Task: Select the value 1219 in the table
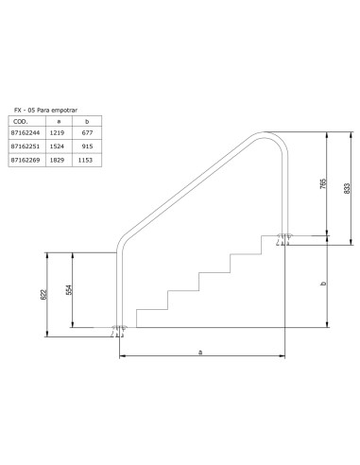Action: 61,134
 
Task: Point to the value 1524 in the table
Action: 61,147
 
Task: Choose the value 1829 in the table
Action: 61,161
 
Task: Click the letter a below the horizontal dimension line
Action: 199,353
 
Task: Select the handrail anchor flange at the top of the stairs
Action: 283,240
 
